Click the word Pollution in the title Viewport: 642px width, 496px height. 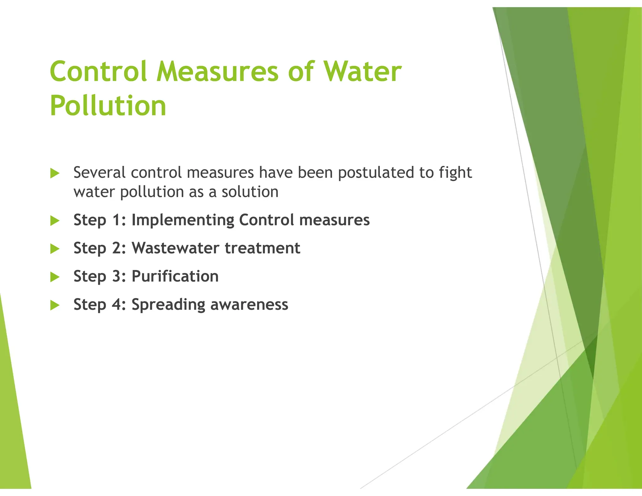click(108, 106)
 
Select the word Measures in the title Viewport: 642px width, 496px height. click(219, 71)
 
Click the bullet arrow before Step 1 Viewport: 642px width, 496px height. click(55, 221)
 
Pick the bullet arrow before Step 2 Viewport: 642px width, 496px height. click(55, 249)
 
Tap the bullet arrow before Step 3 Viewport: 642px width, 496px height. click(55, 277)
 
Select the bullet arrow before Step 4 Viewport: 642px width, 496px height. click(55, 305)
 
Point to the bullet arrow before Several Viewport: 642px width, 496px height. click(55, 173)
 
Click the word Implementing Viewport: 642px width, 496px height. click(183, 220)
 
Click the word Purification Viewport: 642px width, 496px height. click(175, 276)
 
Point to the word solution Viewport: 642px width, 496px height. click(250, 192)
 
